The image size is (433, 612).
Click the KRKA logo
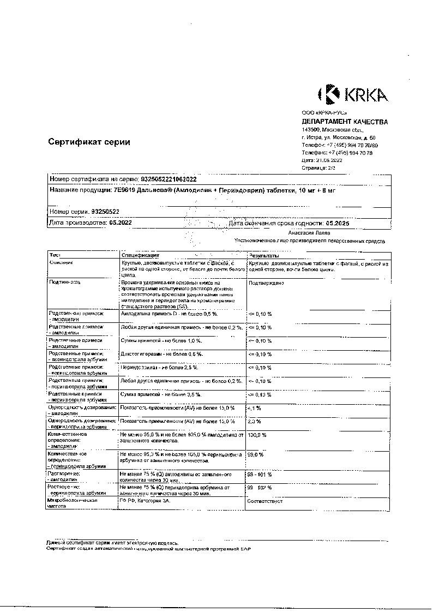click(352, 94)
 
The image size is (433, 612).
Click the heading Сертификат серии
click(89, 142)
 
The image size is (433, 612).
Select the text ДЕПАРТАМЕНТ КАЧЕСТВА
click(345, 122)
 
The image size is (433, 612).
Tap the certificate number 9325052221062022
click(169, 178)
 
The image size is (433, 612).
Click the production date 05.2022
click(120, 223)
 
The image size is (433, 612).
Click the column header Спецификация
click(140, 255)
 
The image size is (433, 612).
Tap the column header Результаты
click(264, 255)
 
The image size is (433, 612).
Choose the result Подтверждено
click(266, 283)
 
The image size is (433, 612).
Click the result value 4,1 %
click(254, 408)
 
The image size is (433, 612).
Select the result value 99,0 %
click(256, 454)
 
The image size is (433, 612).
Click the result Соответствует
click(265, 500)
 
